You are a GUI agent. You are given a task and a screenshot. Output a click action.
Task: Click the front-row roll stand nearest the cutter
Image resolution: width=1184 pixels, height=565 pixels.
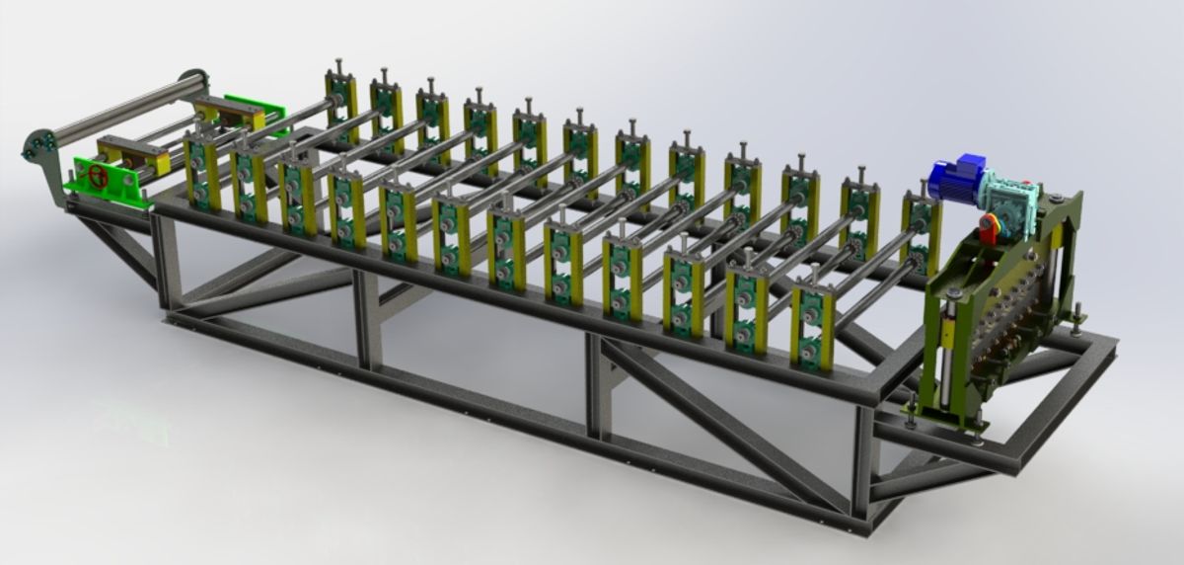pyautogui.click(x=812, y=326)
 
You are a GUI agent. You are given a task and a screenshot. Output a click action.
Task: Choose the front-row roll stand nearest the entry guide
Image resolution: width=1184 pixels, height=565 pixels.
pyautogui.click(x=201, y=173)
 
